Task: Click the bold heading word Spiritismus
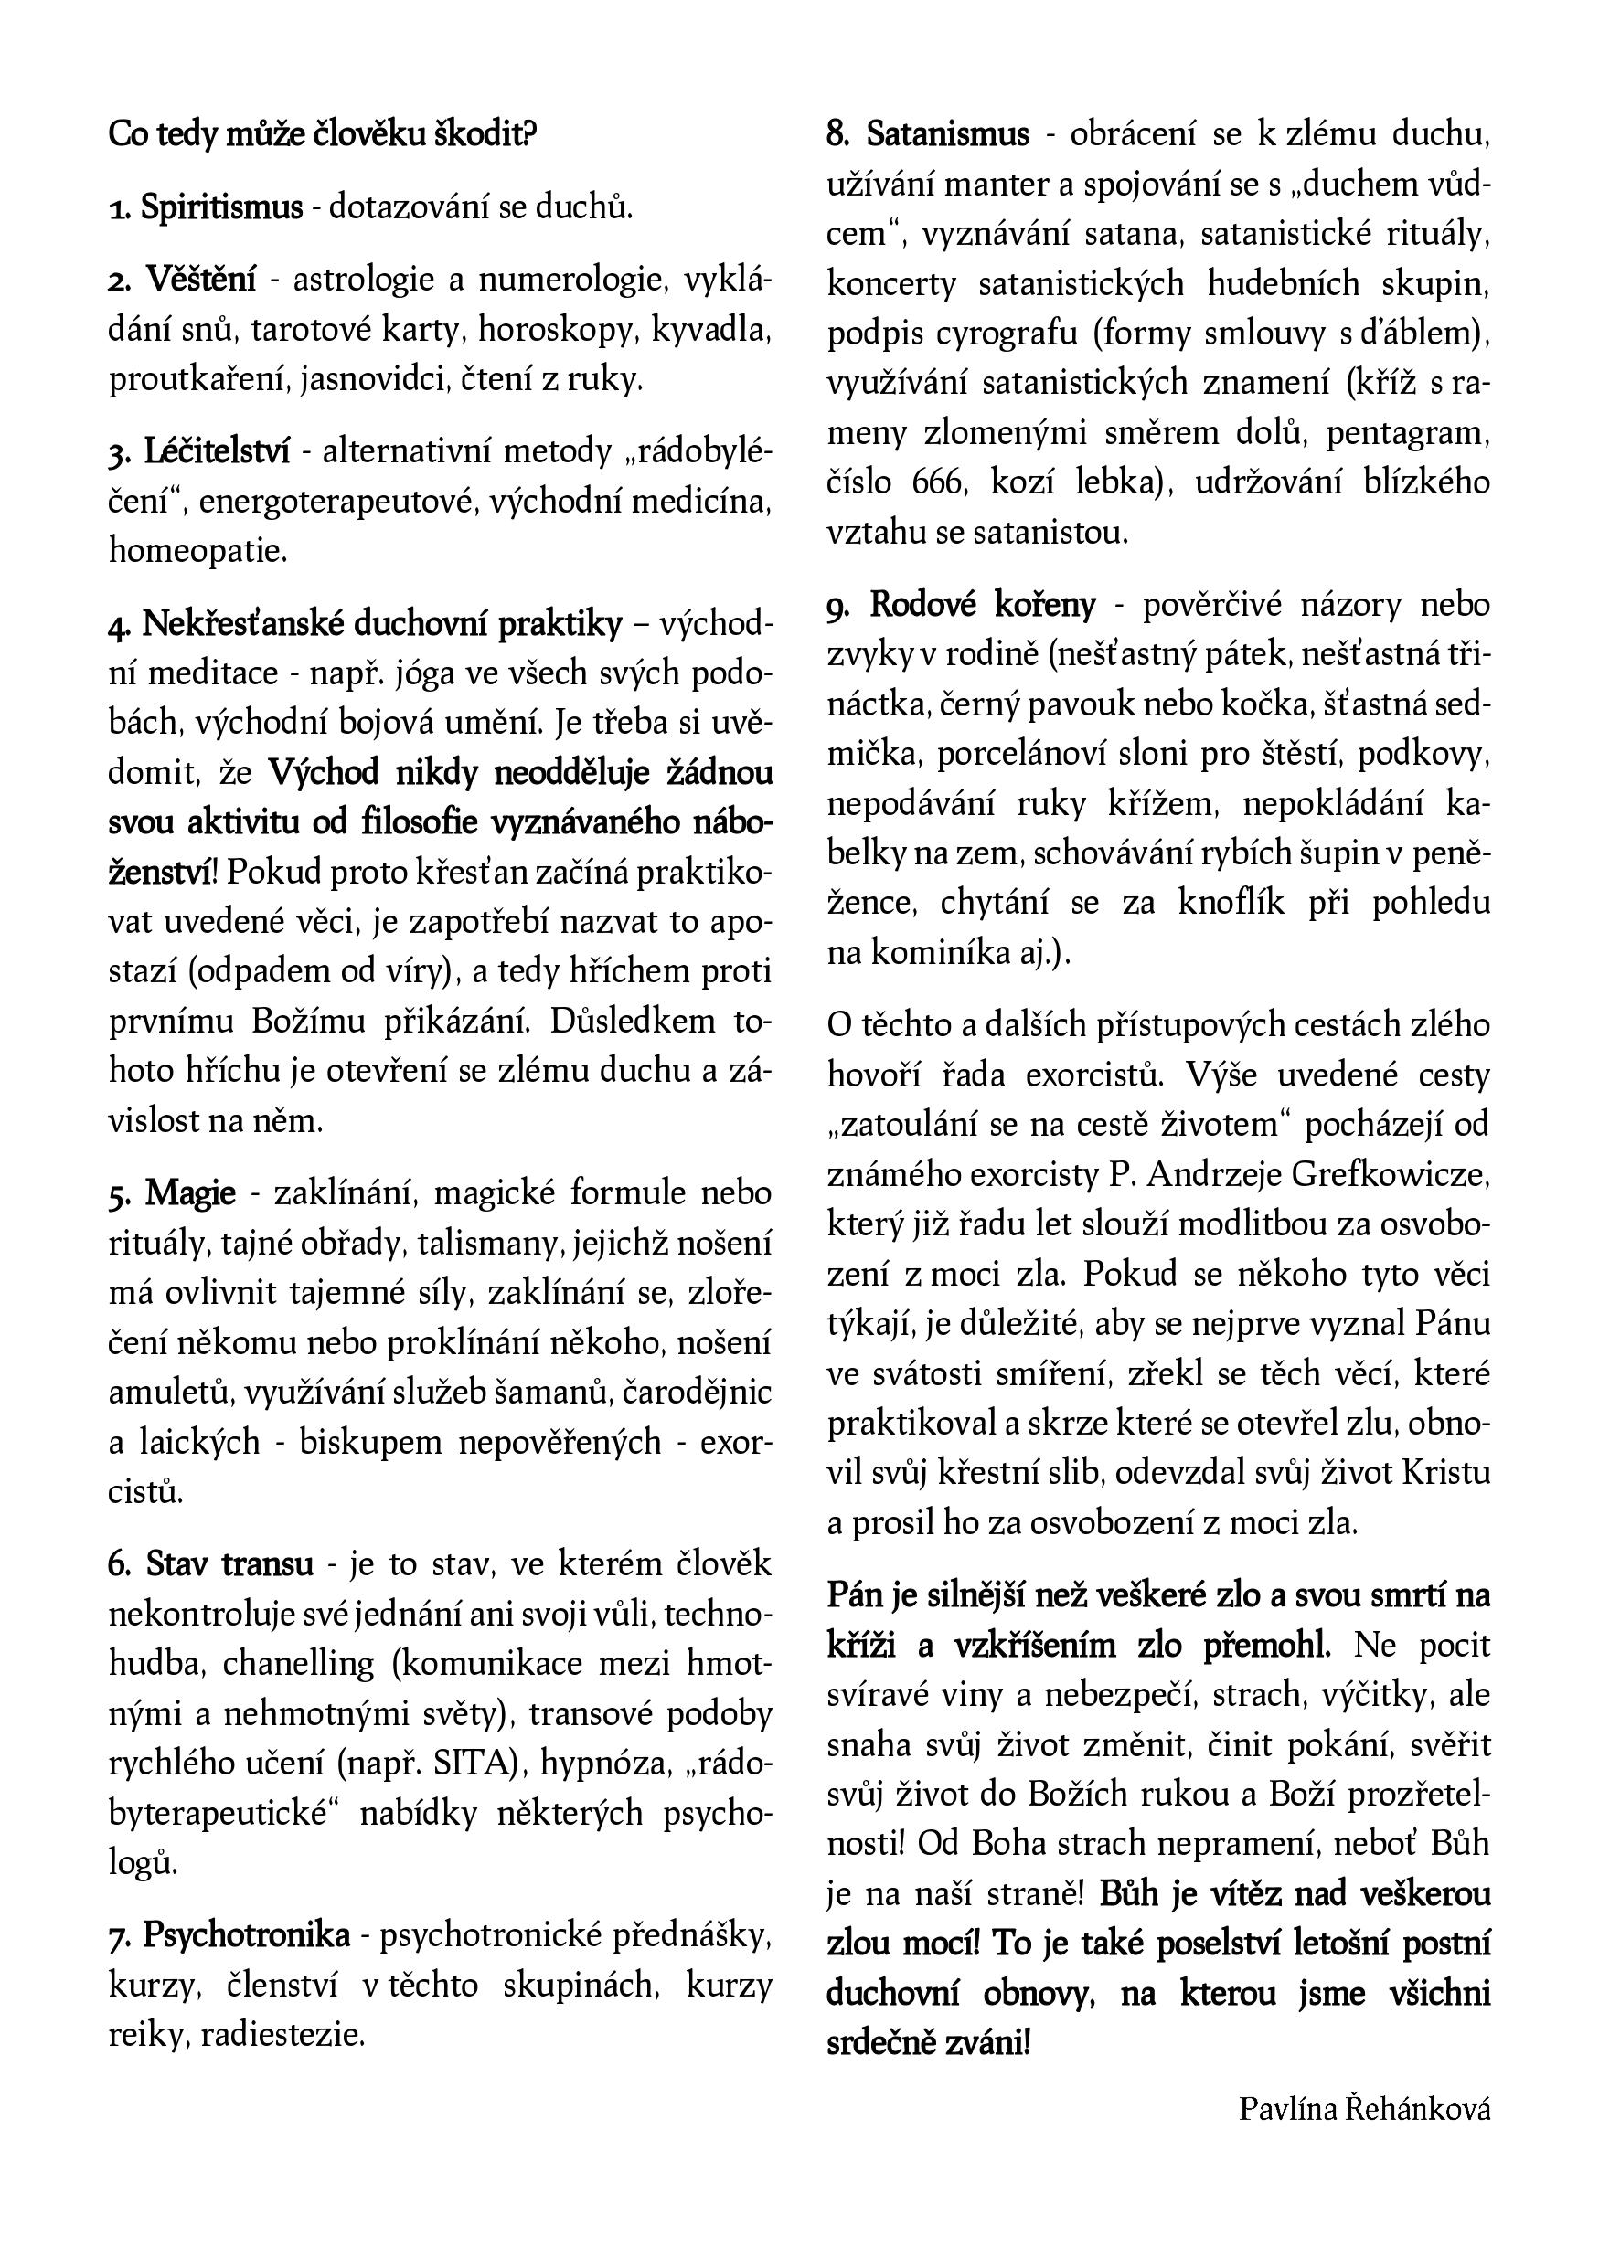(221, 207)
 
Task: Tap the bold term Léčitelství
(217, 451)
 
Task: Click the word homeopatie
(197, 551)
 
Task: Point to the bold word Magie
(190, 1192)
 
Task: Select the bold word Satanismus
(948, 133)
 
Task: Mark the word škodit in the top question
(486, 133)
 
